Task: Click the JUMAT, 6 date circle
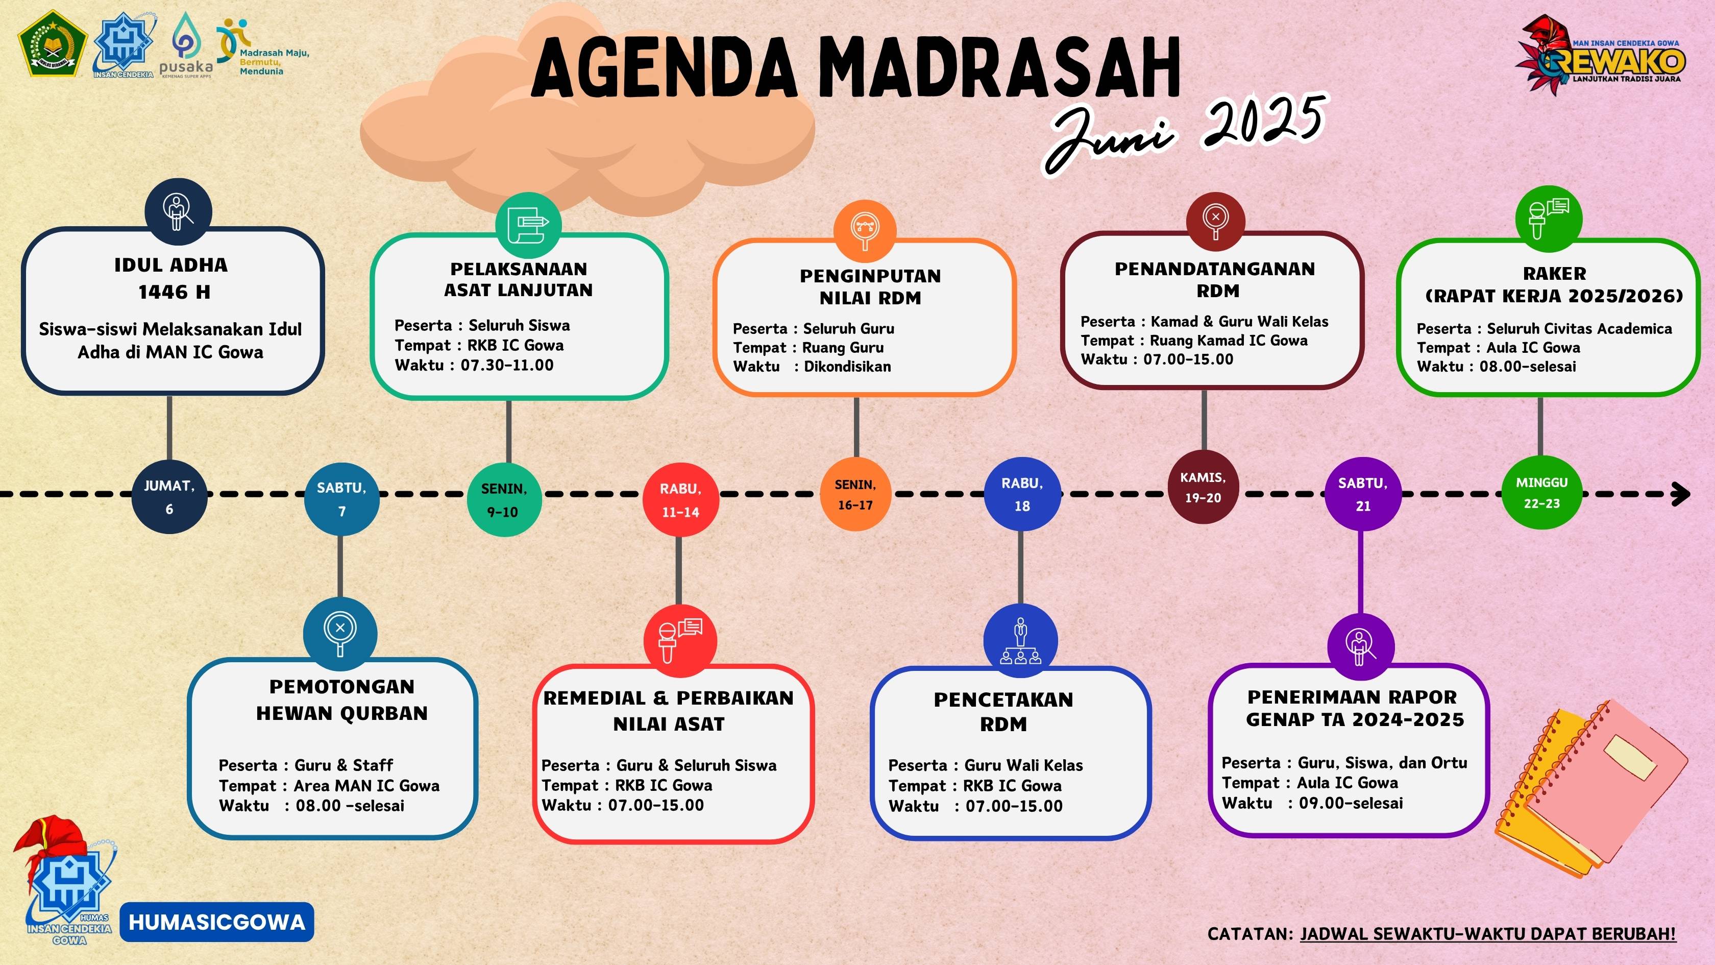[169, 496]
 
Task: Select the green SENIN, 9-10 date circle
[503, 499]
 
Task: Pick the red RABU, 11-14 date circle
[680, 500]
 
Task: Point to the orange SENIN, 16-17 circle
[855, 494]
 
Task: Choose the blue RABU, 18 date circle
[1022, 494]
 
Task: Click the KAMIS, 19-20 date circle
[1203, 487]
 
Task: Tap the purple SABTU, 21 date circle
[1363, 494]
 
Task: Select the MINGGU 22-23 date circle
[1542, 493]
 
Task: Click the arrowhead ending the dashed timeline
[1682, 494]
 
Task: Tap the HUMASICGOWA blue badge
[217, 922]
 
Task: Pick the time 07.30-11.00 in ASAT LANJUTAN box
[507, 365]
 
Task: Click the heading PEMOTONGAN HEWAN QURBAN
[342, 700]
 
